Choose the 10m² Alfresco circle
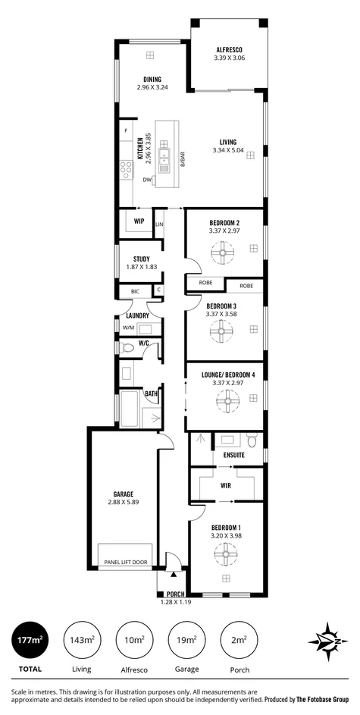[x=134, y=641]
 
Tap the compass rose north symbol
[x=327, y=641]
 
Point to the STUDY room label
[x=141, y=259]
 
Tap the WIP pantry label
[x=139, y=221]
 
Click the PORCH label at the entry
[x=176, y=594]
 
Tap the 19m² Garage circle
[x=186, y=641]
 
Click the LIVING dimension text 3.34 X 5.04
[x=228, y=150]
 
